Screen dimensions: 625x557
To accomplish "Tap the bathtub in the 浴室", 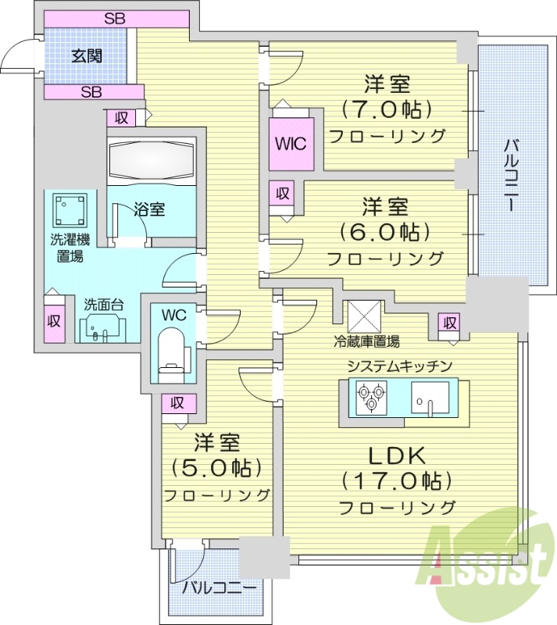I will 149,161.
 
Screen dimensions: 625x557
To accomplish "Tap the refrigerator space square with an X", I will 362,316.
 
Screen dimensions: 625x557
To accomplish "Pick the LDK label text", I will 396,455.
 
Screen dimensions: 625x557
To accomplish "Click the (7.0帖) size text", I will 387,107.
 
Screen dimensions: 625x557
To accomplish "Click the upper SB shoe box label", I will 115,17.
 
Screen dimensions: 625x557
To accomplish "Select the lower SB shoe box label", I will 92,92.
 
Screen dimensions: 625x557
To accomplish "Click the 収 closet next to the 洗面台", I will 53,321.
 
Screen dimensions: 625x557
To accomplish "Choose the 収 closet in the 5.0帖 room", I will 177,403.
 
